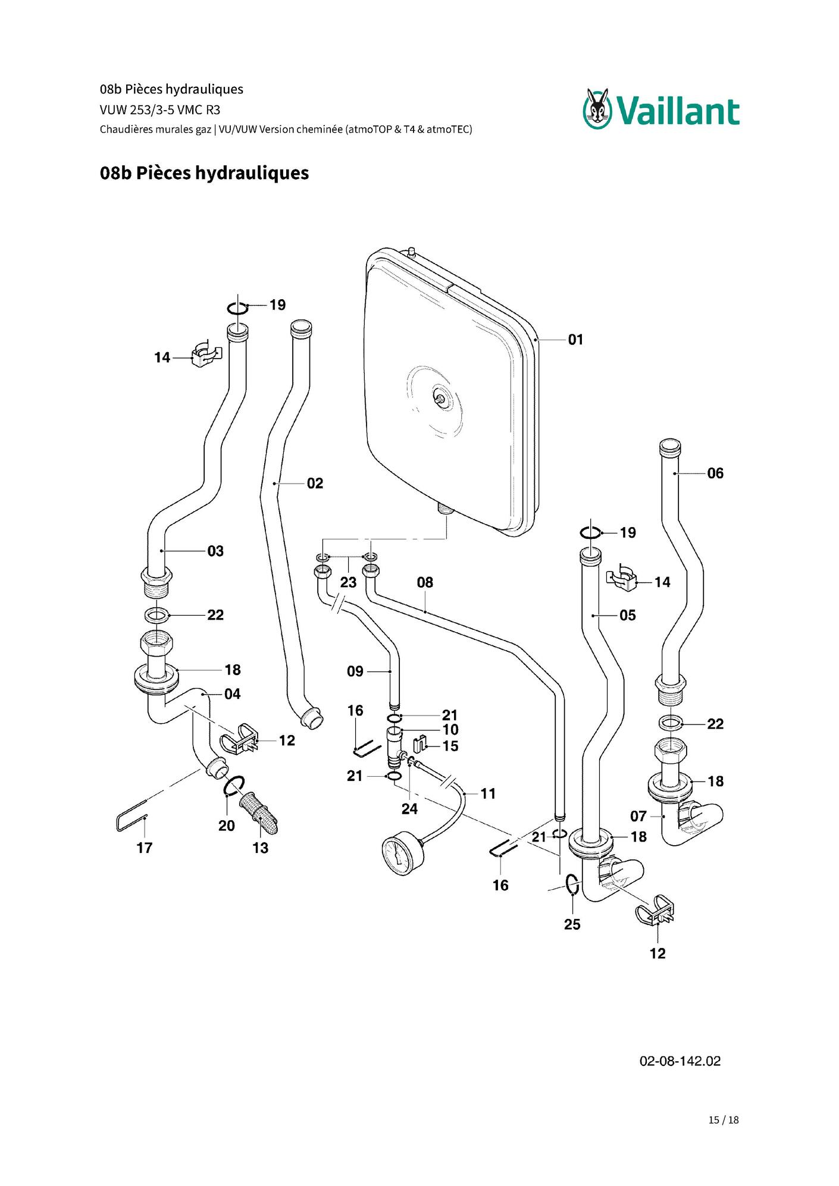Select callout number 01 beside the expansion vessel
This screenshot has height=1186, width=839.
coord(575,340)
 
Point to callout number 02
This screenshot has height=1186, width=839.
coord(315,484)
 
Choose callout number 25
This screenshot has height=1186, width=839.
coord(572,924)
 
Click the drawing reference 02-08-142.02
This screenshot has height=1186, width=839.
coord(680,1061)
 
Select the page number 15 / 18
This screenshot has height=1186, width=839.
coord(724,1120)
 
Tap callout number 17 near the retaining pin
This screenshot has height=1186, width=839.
coord(145,848)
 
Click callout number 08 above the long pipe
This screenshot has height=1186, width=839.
coord(425,582)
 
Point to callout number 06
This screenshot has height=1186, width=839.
coord(715,473)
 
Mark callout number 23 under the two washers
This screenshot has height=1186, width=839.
coord(348,582)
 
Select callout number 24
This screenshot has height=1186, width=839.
coord(409,809)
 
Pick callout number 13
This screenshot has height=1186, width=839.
coord(260,848)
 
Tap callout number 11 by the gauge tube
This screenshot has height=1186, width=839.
coord(488,793)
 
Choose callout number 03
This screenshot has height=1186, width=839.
coord(215,551)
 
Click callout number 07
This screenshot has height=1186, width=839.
coord(638,816)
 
